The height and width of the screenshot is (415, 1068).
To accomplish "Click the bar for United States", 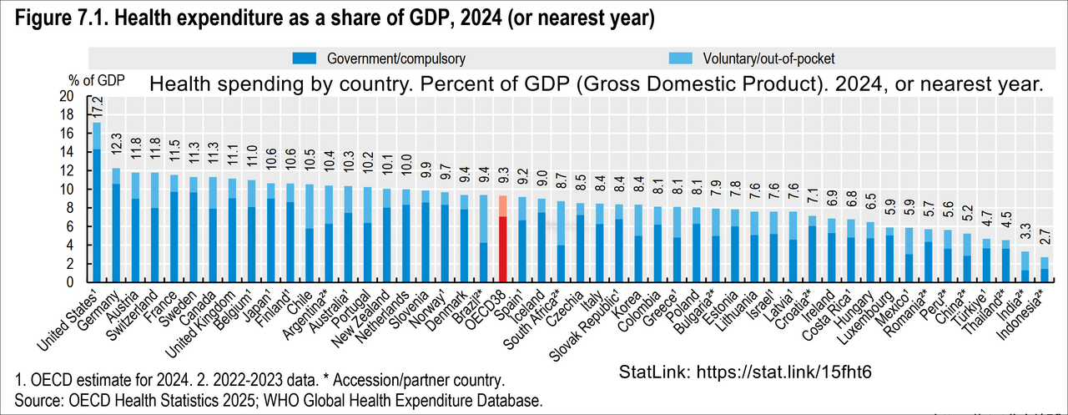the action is pyautogui.click(x=97, y=202).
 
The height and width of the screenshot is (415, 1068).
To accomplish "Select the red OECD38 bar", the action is pyautogui.click(x=502, y=239).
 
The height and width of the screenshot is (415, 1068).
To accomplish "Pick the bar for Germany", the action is pyautogui.click(x=116, y=225).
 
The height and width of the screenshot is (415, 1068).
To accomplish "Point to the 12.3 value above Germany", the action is pyautogui.click(x=116, y=144).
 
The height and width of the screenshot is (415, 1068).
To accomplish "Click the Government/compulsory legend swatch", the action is pyautogui.click(x=305, y=58).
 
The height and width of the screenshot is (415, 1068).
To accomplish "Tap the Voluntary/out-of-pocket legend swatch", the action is pyautogui.click(x=680, y=58).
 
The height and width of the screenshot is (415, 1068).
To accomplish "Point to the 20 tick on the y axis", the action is pyautogui.click(x=67, y=96).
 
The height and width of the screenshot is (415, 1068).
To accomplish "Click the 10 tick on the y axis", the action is pyautogui.click(x=67, y=190).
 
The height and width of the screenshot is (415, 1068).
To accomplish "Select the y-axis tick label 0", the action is pyautogui.click(x=70, y=282).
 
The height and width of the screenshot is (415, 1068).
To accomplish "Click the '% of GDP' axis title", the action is pyautogui.click(x=96, y=81).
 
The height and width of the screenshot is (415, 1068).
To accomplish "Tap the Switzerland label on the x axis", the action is pyautogui.click(x=131, y=315).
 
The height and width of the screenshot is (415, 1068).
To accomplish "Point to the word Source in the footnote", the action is pyautogui.click(x=39, y=400).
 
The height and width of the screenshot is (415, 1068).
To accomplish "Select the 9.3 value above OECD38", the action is pyautogui.click(x=503, y=176).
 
